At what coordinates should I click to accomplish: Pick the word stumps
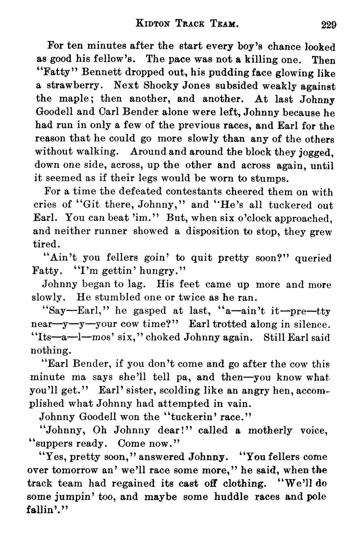coord(270,179)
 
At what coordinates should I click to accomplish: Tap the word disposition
coord(212,231)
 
